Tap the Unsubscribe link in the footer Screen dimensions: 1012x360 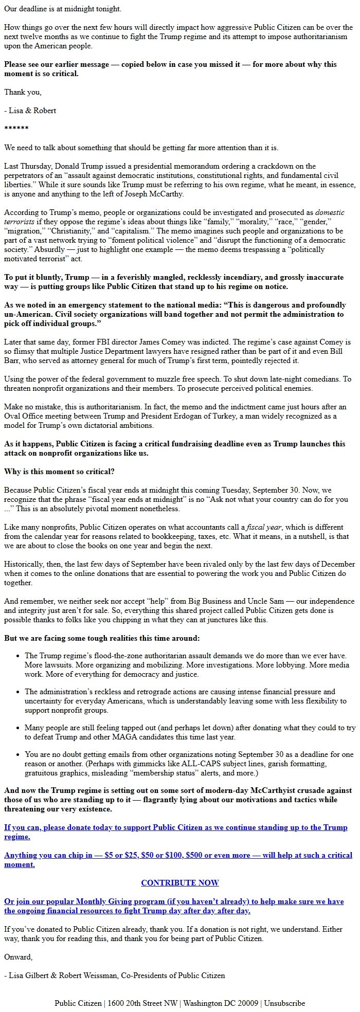tap(284, 1003)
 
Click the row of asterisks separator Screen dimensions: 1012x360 tap(16, 129)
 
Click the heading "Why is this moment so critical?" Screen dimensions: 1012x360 tap(59, 472)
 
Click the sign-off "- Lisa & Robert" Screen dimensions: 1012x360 tap(30, 111)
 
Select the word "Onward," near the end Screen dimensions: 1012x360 tap(19, 957)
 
